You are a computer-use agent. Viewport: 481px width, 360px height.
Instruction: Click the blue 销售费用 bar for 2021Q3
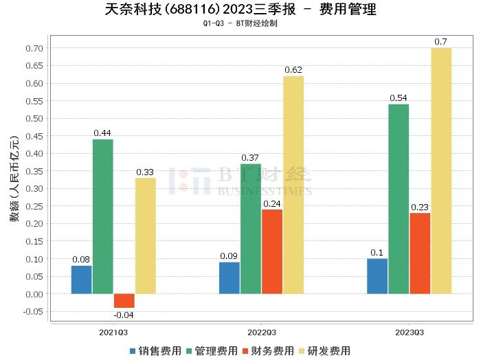click(x=82, y=280)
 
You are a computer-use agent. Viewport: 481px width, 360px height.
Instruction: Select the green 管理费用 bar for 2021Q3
click(x=103, y=216)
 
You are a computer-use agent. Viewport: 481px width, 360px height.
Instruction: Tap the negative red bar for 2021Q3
click(x=124, y=301)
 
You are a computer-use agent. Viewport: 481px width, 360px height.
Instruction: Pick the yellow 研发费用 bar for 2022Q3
click(x=293, y=185)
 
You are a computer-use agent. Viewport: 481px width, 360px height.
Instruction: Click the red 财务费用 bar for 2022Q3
click(x=272, y=251)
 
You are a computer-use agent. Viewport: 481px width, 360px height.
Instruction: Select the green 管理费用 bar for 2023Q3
click(x=399, y=199)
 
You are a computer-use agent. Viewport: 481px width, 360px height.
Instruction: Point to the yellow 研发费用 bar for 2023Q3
click(x=441, y=171)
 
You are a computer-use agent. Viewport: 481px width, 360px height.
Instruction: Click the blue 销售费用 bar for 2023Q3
click(x=377, y=276)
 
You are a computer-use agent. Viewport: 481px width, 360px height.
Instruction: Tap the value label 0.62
click(x=293, y=70)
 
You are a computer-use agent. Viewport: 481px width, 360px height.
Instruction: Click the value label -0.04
click(x=123, y=315)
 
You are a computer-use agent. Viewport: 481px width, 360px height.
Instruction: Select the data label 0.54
click(x=399, y=98)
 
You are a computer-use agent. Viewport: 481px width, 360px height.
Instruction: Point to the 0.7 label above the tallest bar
click(x=441, y=42)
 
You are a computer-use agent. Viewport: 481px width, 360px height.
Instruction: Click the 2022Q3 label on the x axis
click(x=262, y=332)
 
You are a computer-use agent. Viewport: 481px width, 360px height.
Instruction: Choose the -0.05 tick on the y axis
click(x=32, y=312)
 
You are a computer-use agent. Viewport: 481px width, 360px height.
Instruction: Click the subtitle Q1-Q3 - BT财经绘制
click(x=240, y=23)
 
